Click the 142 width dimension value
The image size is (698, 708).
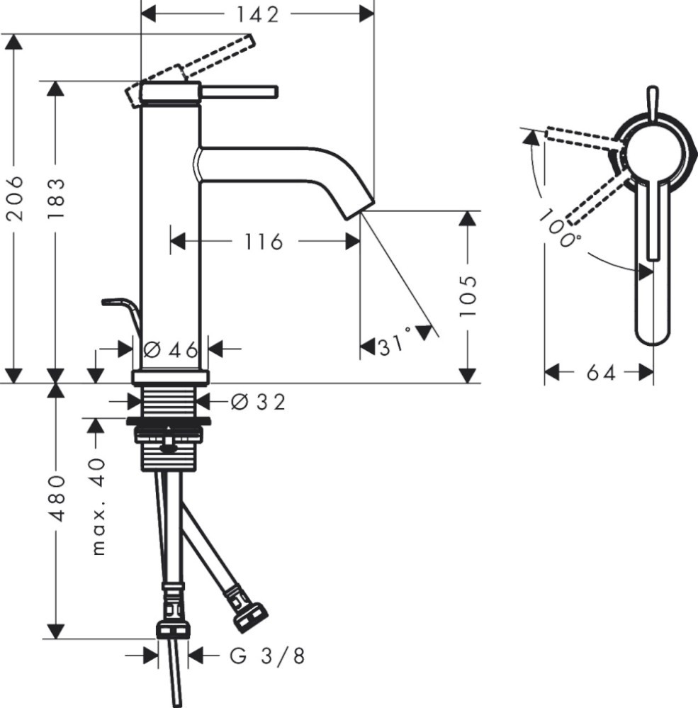click(x=258, y=15)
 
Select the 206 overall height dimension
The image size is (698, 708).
click(x=16, y=198)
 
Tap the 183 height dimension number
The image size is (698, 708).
click(x=57, y=198)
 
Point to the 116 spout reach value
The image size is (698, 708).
click(x=264, y=242)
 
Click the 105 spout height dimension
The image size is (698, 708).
click(x=468, y=296)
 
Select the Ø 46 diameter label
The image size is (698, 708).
click(x=171, y=349)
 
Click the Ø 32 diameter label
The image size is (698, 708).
click(x=258, y=402)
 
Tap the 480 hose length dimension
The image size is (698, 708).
click(x=57, y=498)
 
